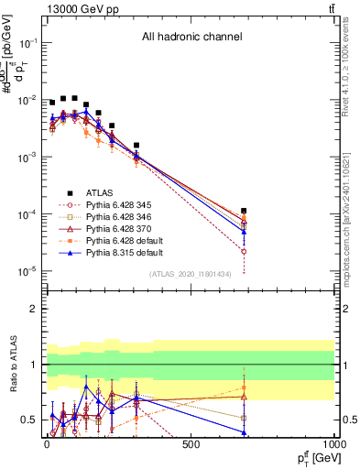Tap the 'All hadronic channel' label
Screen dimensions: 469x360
tap(191, 38)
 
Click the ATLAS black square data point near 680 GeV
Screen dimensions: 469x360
tap(244, 211)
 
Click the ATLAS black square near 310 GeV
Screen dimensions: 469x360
tap(136, 145)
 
